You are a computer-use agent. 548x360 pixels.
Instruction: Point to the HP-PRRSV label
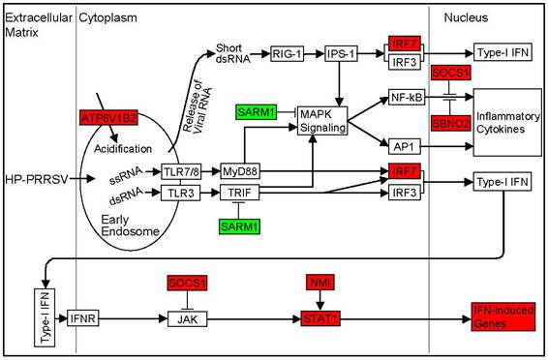(35, 180)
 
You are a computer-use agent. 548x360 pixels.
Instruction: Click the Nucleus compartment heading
(466, 17)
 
